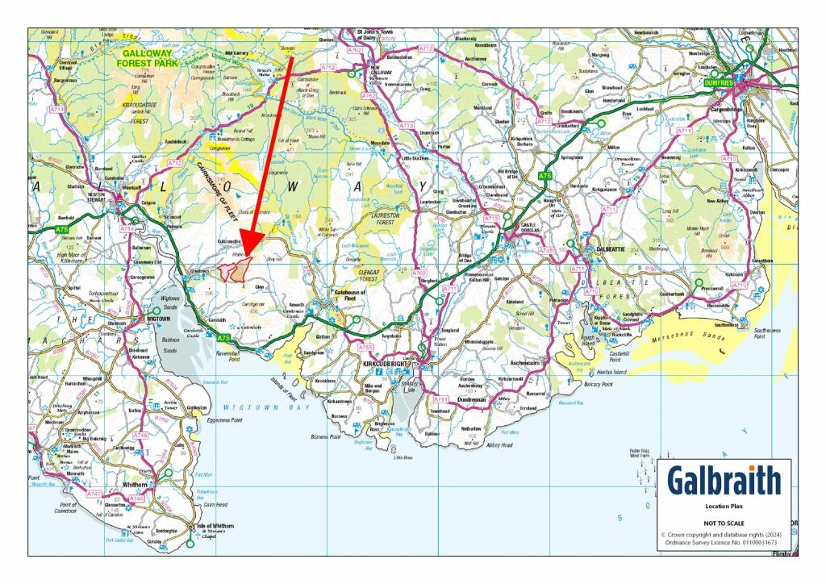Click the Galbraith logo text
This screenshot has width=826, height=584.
point(724,481)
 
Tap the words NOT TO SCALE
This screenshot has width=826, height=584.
point(724,523)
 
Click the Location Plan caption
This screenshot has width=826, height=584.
point(724,508)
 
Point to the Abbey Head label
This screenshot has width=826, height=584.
point(499,444)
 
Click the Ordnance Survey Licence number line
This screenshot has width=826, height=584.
point(724,543)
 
